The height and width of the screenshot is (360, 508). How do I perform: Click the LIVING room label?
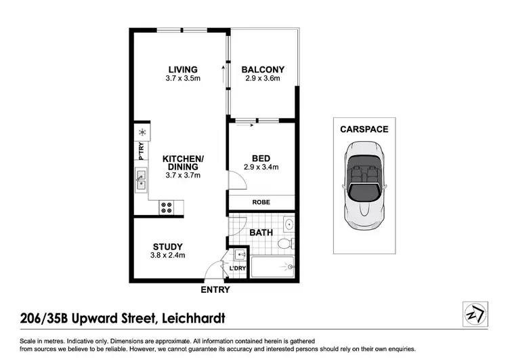coord(183,69)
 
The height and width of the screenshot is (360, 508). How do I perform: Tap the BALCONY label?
coord(262,69)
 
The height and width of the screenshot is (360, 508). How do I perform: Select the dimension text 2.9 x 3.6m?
coord(262,79)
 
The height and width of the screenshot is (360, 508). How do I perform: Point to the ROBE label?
coord(261,202)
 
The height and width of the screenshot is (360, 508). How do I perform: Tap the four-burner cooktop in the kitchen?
coord(167,206)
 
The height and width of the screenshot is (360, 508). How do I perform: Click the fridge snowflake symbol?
coord(142,132)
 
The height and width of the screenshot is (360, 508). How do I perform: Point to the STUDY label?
coord(168,246)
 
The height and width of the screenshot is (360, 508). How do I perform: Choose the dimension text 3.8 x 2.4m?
coord(168,256)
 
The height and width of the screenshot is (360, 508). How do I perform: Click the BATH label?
coord(261,233)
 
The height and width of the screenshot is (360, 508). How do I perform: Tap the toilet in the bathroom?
coord(287,243)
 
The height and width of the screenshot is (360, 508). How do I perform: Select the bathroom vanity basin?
coord(289,223)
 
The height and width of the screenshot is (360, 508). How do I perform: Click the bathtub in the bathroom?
coord(272,267)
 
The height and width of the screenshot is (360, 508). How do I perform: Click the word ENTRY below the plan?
coord(215,290)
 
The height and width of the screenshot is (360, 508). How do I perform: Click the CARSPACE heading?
coord(364,129)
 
